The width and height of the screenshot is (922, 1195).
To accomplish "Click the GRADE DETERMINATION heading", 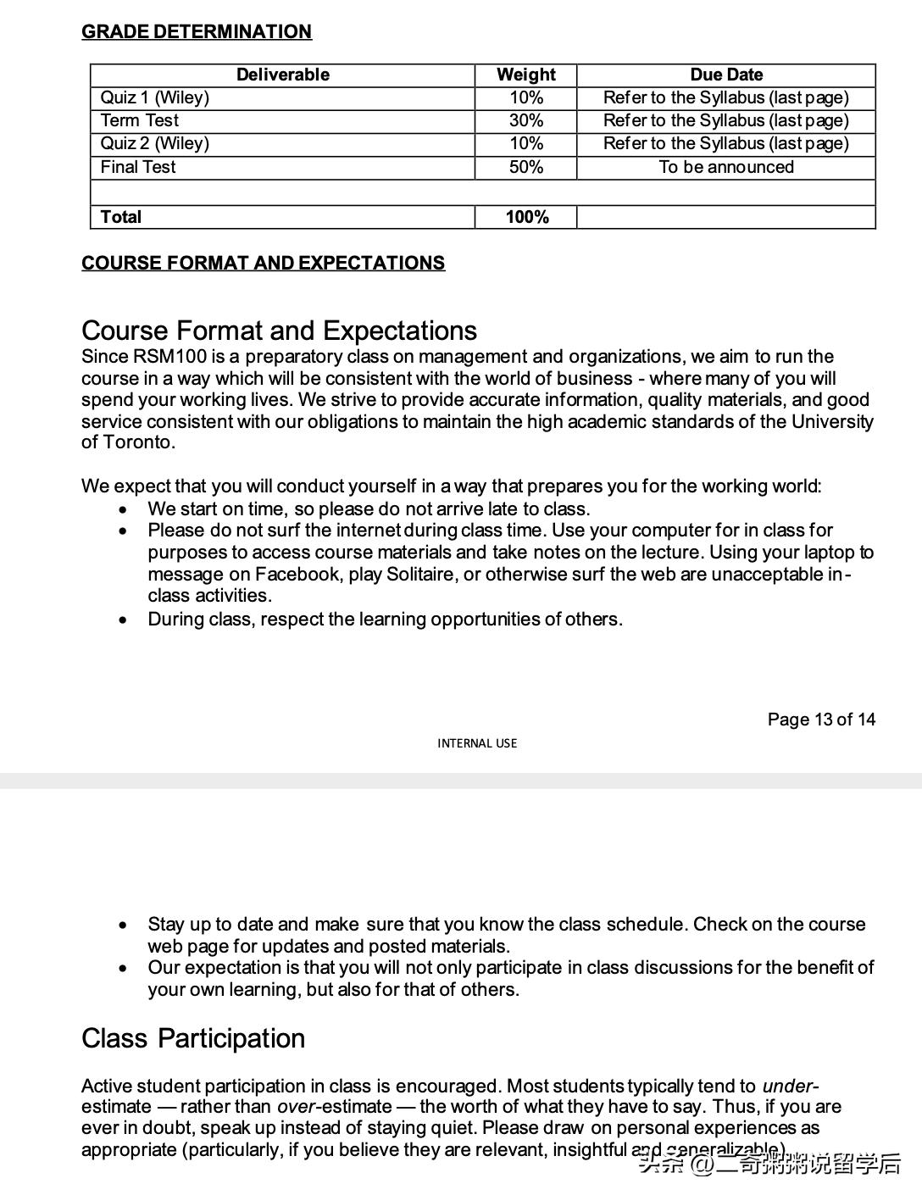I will pyautogui.click(x=196, y=31).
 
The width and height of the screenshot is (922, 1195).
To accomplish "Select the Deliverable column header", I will pyautogui.click(x=282, y=75).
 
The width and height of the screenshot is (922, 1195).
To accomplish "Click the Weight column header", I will pyautogui.click(x=525, y=75).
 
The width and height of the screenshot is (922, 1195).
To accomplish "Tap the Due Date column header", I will pyautogui.click(x=725, y=75).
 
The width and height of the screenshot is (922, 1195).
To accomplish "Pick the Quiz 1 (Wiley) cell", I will pyautogui.click(x=155, y=97).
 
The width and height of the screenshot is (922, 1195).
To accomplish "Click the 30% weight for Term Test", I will pyautogui.click(x=525, y=120).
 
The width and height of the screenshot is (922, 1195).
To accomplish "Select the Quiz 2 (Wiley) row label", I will pyautogui.click(x=155, y=143).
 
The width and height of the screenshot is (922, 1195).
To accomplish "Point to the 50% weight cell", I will pyautogui.click(x=525, y=167).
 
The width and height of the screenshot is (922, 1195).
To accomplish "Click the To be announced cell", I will pyautogui.click(x=725, y=167).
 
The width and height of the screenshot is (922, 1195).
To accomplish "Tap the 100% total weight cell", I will pyautogui.click(x=526, y=217).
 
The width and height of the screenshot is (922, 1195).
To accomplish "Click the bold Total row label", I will pyautogui.click(x=121, y=217).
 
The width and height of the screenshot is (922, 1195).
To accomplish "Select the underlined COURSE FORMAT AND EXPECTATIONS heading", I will pyautogui.click(x=263, y=263).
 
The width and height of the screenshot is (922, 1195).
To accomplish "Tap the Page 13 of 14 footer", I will pyautogui.click(x=821, y=720).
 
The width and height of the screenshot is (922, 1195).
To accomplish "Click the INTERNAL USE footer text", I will pyautogui.click(x=477, y=743).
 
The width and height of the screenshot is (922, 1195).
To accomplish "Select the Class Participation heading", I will pyautogui.click(x=193, y=1038).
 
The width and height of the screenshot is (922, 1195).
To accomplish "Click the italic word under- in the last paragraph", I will pyautogui.click(x=790, y=1086).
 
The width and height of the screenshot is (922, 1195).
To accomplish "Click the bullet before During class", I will pyautogui.click(x=125, y=620).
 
